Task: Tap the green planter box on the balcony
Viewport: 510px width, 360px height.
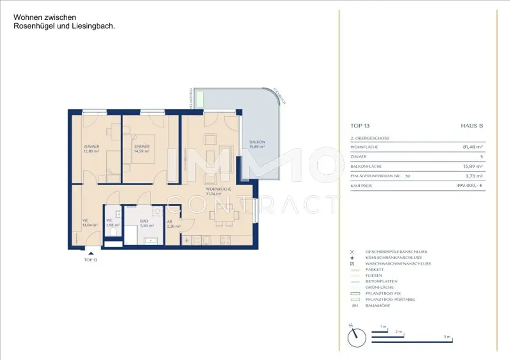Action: pyautogui.click(x=199, y=99)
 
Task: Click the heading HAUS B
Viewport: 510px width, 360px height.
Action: pyautogui.click(x=472, y=126)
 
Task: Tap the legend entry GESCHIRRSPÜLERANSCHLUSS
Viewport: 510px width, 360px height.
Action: pyautogui.click(x=395, y=252)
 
